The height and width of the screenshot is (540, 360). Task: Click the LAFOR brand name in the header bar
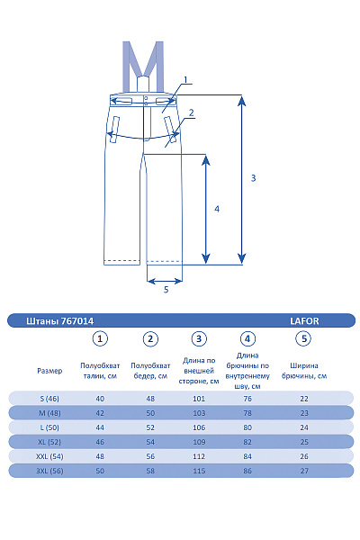tap(304, 321)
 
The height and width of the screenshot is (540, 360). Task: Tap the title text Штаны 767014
tap(60, 321)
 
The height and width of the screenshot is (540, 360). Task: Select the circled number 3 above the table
tap(199, 339)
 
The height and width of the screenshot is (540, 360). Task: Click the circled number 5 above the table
tap(303, 339)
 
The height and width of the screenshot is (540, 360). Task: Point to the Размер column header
tap(49, 371)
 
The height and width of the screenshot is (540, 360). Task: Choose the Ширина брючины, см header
tap(304, 371)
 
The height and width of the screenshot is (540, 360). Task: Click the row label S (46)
tap(49, 399)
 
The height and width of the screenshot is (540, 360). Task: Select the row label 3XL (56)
tap(49, 471)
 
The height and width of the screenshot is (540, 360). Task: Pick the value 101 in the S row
tap(199, 399)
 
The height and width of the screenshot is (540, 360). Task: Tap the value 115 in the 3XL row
tap(199, 471)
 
